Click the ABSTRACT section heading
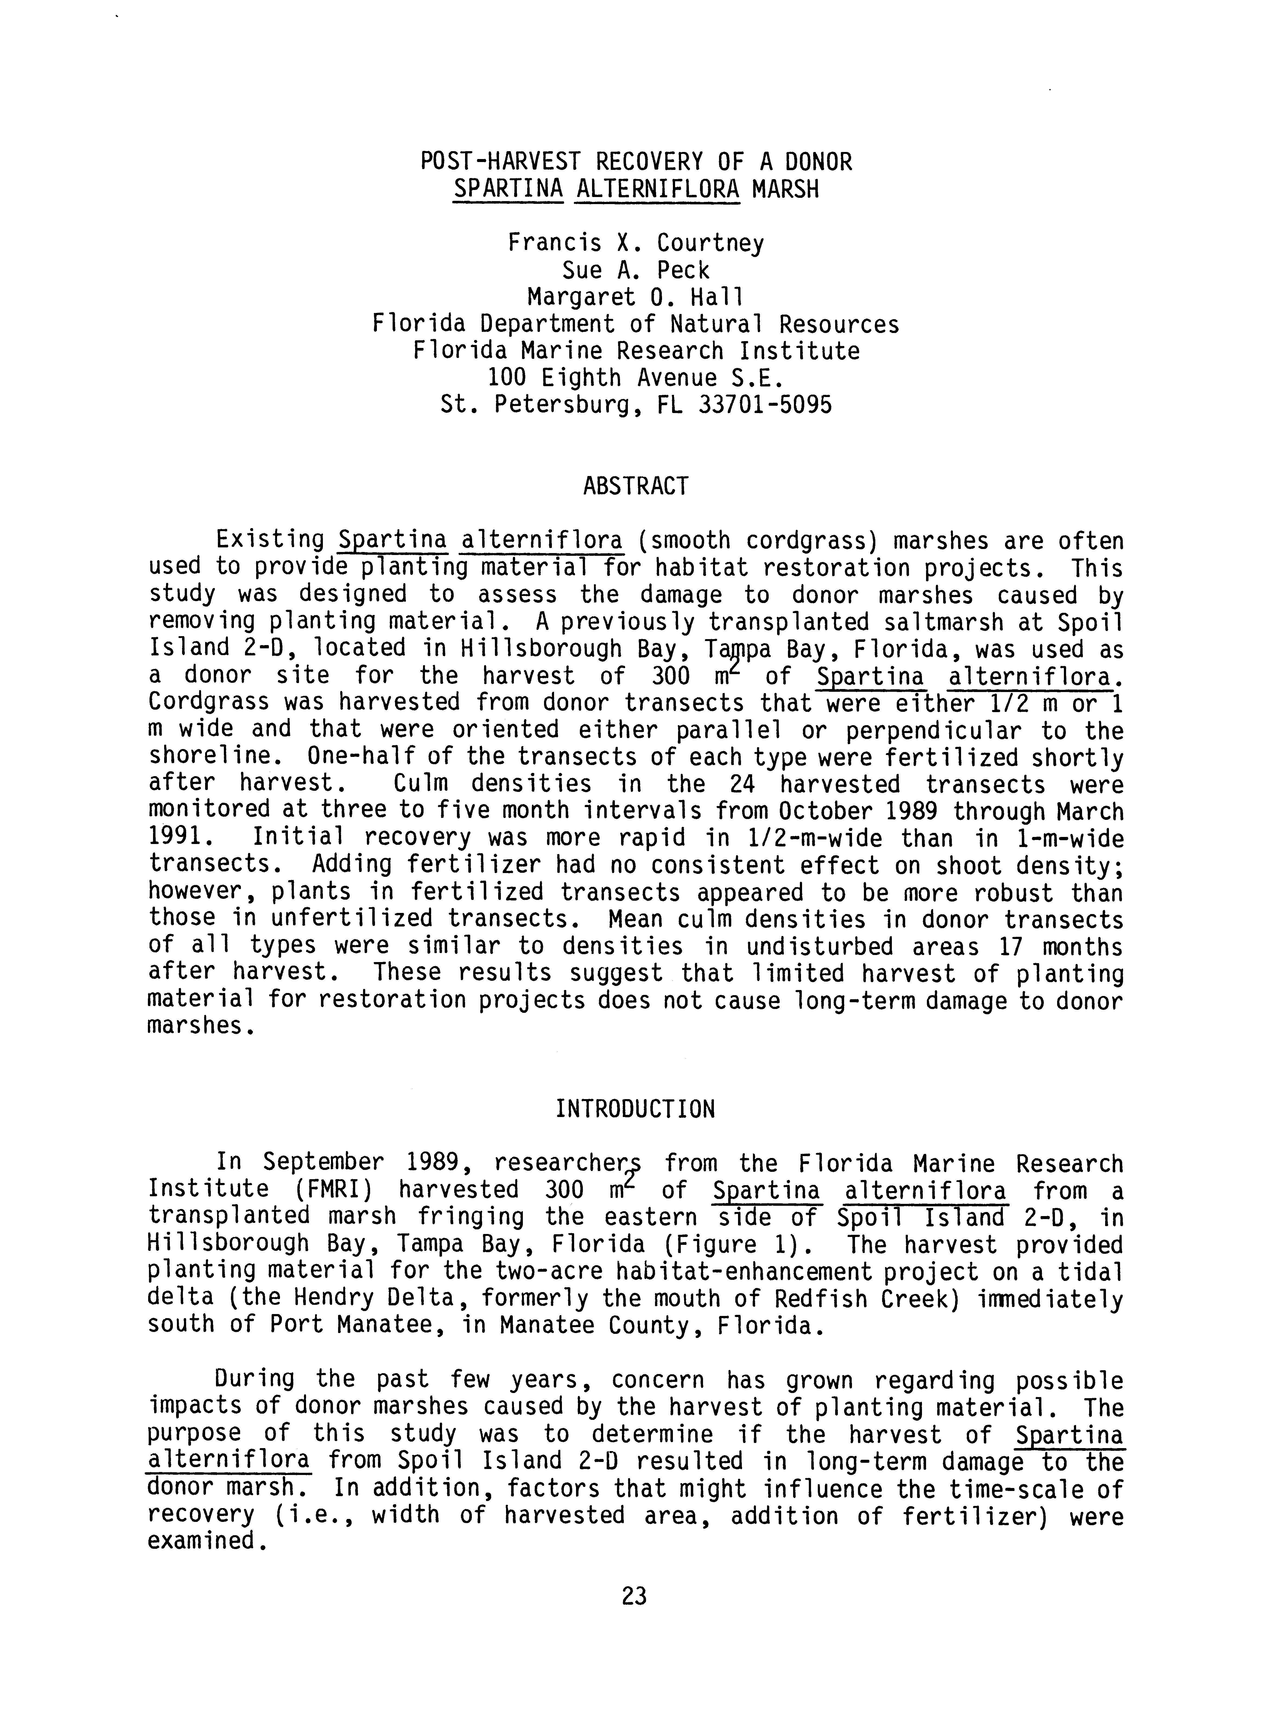click(635, 487)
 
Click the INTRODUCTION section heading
click(635, 1109)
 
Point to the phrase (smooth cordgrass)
click(758, 541)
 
